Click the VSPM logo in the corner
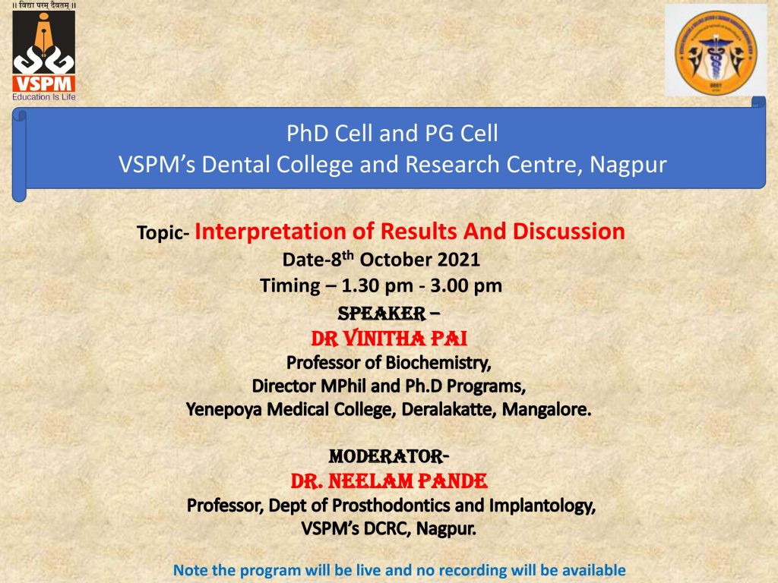pos(43,52)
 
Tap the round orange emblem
pos(716,52)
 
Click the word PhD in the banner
pos(304,134)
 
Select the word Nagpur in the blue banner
pos(628,165)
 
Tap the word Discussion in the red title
pos(568,232)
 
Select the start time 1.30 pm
pos(377,286)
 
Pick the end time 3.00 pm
pos(466,286)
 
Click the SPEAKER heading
pos(381,314)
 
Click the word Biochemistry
pos(438,363)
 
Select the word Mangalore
pos(546,409)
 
